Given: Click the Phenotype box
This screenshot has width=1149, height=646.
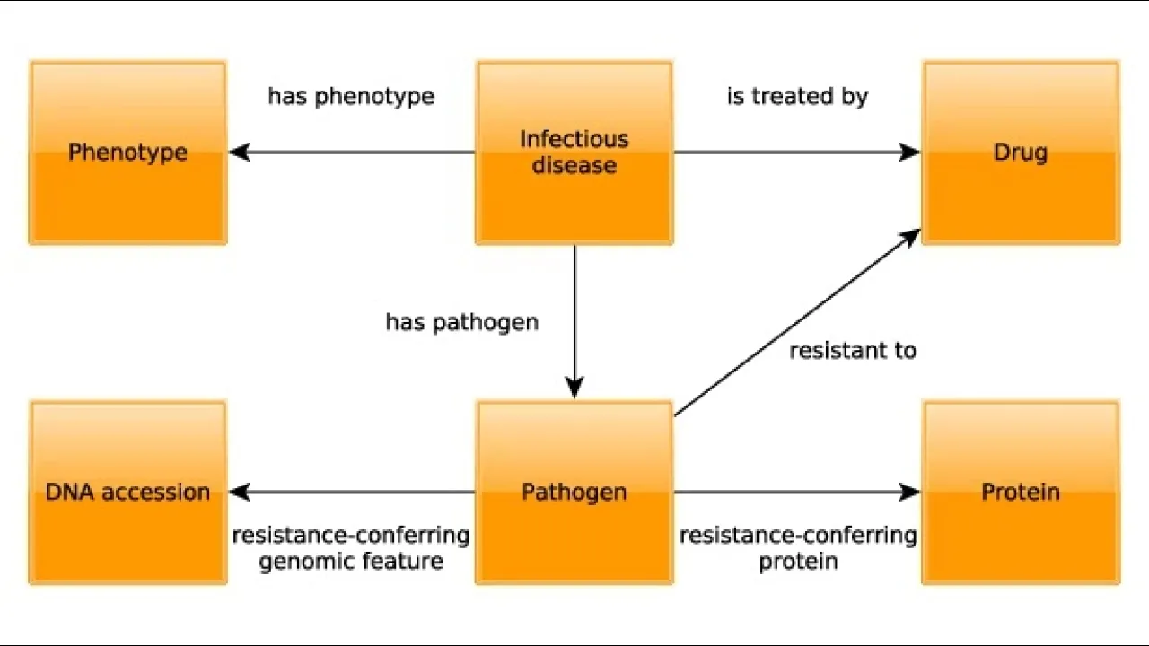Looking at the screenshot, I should tap(127, 153).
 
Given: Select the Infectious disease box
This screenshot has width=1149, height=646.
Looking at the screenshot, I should tap(574, 153).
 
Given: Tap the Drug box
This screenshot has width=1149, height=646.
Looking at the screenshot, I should tap(1021, 153).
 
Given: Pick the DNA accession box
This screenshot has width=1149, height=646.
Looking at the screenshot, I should tap(127, 492).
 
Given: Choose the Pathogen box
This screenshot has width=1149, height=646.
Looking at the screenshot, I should tap(574, 492).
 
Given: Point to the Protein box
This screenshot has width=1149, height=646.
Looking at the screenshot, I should tap(1021, 492).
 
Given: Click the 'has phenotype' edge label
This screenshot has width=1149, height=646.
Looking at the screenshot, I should tap(351, 96).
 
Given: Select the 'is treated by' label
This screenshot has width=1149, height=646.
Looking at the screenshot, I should tap(797, 96).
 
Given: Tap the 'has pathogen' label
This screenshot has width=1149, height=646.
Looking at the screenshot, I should tap(462, 322).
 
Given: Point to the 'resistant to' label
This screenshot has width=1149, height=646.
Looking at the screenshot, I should tap(853, 351).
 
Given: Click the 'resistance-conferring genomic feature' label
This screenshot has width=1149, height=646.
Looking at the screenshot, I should tap(351, 548).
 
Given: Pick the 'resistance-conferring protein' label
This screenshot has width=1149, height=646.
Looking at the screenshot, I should tap(798, 548).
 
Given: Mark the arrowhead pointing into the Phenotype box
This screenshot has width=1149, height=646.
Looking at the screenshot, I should tap(239, 153).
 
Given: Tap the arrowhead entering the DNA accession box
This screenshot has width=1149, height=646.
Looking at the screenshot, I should tap(239, 492).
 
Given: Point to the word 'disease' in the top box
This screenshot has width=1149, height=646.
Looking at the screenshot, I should tap(574, 166).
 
